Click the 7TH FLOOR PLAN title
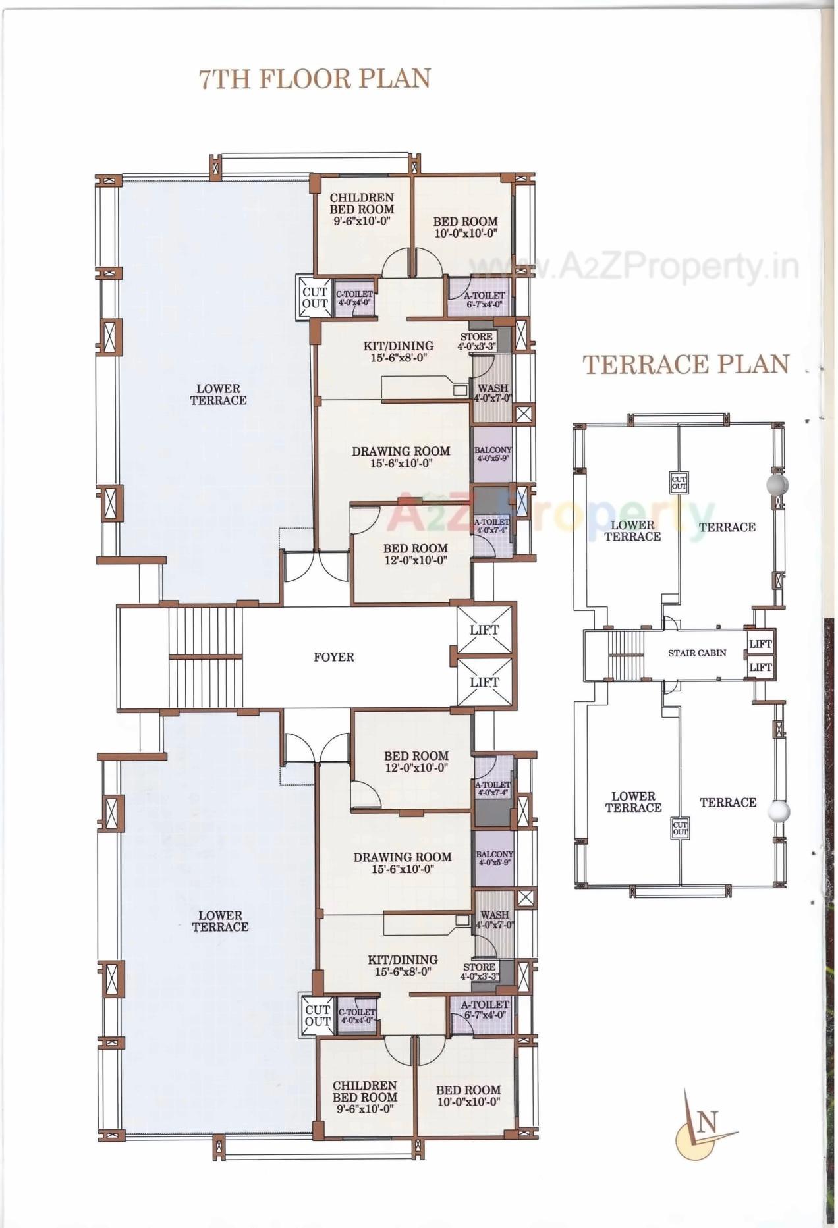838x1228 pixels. point(315,79)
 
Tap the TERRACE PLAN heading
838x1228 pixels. point(686,365)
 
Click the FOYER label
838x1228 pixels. point(333,657)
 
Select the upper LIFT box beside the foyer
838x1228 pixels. point(484,629)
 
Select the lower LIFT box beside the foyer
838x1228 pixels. point(484,683)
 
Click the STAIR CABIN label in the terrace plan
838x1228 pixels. point(696,653)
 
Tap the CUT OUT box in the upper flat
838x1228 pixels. point(315,298)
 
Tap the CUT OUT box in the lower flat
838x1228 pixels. point(318,1015)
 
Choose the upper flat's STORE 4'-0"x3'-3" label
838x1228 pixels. point(476,341)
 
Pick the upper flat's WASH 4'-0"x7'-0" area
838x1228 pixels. point(493,393)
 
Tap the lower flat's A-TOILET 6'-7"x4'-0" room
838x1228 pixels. point(484,1010)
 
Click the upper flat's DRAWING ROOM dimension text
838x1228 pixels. point(401,464)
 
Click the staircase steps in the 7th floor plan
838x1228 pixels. point(206,657)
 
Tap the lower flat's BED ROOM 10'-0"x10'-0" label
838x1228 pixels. point(468,1096)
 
